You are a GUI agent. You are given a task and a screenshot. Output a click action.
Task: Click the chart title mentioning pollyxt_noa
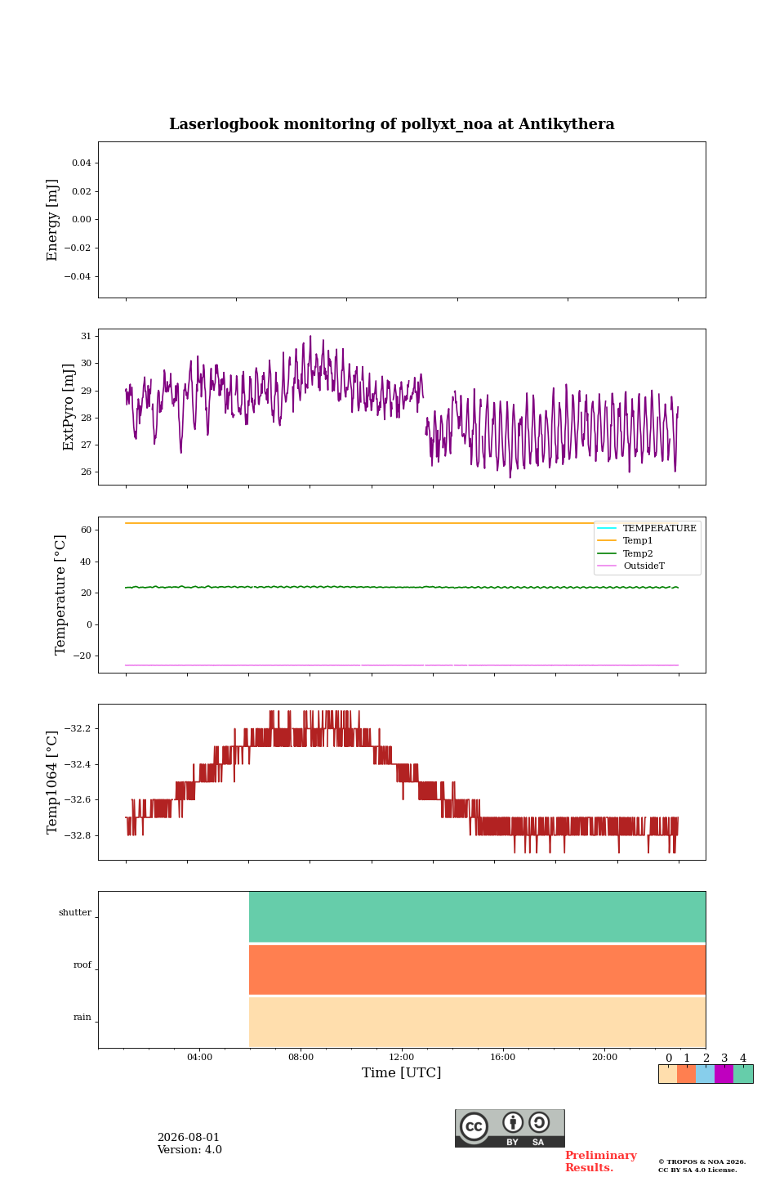[x=391, y=124]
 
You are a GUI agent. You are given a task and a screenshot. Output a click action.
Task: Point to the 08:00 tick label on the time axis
[x=301, y=1057]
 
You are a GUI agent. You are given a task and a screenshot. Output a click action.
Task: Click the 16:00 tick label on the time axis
[x=502, y=1057]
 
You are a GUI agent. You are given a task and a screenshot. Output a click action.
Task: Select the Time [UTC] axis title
[x=401, y=1072]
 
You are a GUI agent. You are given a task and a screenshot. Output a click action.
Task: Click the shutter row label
[x=75, y=912]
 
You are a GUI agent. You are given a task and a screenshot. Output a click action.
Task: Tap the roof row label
[x=82, y=964]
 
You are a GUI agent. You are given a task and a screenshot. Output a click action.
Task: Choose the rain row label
[x=82, y=1017]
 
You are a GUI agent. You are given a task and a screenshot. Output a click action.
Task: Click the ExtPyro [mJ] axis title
[x=69, y=407]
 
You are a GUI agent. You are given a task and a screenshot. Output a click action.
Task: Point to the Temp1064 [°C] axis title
[x=51, y=782]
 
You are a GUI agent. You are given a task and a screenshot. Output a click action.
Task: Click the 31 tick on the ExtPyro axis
[x=86, y=336]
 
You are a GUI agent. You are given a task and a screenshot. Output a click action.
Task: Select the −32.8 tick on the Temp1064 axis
[x=78, y=835]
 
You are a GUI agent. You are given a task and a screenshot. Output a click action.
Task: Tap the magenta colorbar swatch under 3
[x=724, y=1074]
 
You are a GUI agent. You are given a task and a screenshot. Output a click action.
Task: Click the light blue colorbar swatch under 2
[x=706, y=1074]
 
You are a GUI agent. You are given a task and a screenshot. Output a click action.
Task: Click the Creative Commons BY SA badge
[x=510, y=1128]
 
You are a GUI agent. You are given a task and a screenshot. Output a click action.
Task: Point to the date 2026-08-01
[x=189, y=1137]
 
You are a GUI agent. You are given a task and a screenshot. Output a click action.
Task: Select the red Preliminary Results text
[x=601, y=1161]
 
